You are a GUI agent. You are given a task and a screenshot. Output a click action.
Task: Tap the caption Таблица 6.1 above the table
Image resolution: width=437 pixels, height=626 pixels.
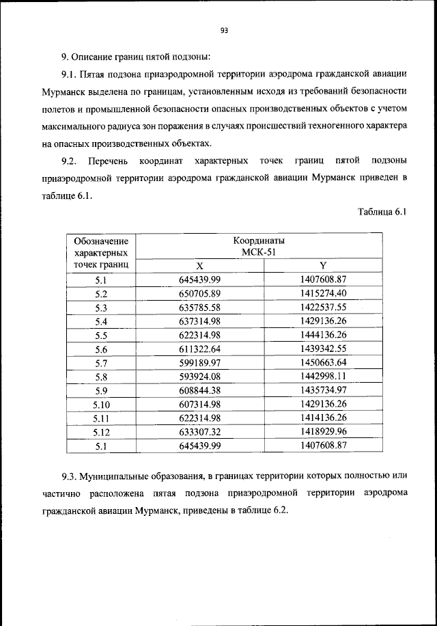point(382,212)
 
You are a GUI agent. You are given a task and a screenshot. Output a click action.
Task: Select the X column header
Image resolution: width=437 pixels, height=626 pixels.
point(200,266)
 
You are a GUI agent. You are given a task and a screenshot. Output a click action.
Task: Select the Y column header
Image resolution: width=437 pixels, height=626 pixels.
point(324,266)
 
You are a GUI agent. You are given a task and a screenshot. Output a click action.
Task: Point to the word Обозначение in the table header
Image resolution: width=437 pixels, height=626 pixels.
point(102,241)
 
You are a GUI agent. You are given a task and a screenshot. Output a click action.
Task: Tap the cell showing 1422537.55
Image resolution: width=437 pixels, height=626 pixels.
point(324,307)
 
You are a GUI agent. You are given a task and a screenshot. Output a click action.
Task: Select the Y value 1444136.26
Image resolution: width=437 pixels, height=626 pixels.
point(324,335)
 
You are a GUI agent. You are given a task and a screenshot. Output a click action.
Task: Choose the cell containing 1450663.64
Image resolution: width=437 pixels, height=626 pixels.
point(324,363)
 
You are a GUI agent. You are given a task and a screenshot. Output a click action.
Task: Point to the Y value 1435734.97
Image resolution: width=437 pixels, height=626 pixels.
point(324,391)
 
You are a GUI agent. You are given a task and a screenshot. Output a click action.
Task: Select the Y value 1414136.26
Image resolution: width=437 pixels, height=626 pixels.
point(324,419)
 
